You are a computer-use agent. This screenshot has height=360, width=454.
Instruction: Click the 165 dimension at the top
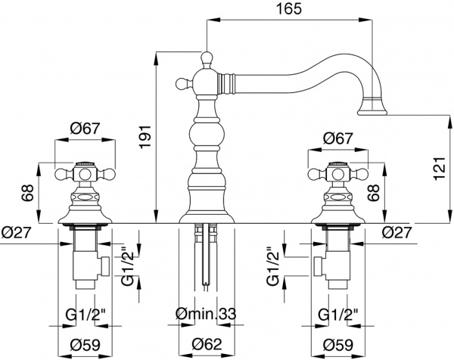point(289,10)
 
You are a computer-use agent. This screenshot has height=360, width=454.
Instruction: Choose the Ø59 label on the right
point(336,344)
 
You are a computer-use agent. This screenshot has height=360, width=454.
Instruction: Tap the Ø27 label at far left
point(16,233)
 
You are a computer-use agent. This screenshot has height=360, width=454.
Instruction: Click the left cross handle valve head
point(86,176)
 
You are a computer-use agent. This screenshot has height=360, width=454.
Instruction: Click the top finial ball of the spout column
point(206,56)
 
